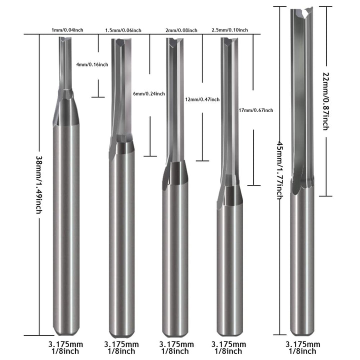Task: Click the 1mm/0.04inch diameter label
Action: (x=67, y=30)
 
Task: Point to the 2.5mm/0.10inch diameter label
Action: (x=230, y=30)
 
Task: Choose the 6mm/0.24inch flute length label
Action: (x=149, y=93)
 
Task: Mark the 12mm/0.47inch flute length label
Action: (x=202, y=99)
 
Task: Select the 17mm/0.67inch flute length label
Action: (x=256, y=110)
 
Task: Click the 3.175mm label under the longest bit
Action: (x=302, y=344)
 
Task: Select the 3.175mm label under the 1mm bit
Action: (x=65, y=344)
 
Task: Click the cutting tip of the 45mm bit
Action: (x=302, y=10)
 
